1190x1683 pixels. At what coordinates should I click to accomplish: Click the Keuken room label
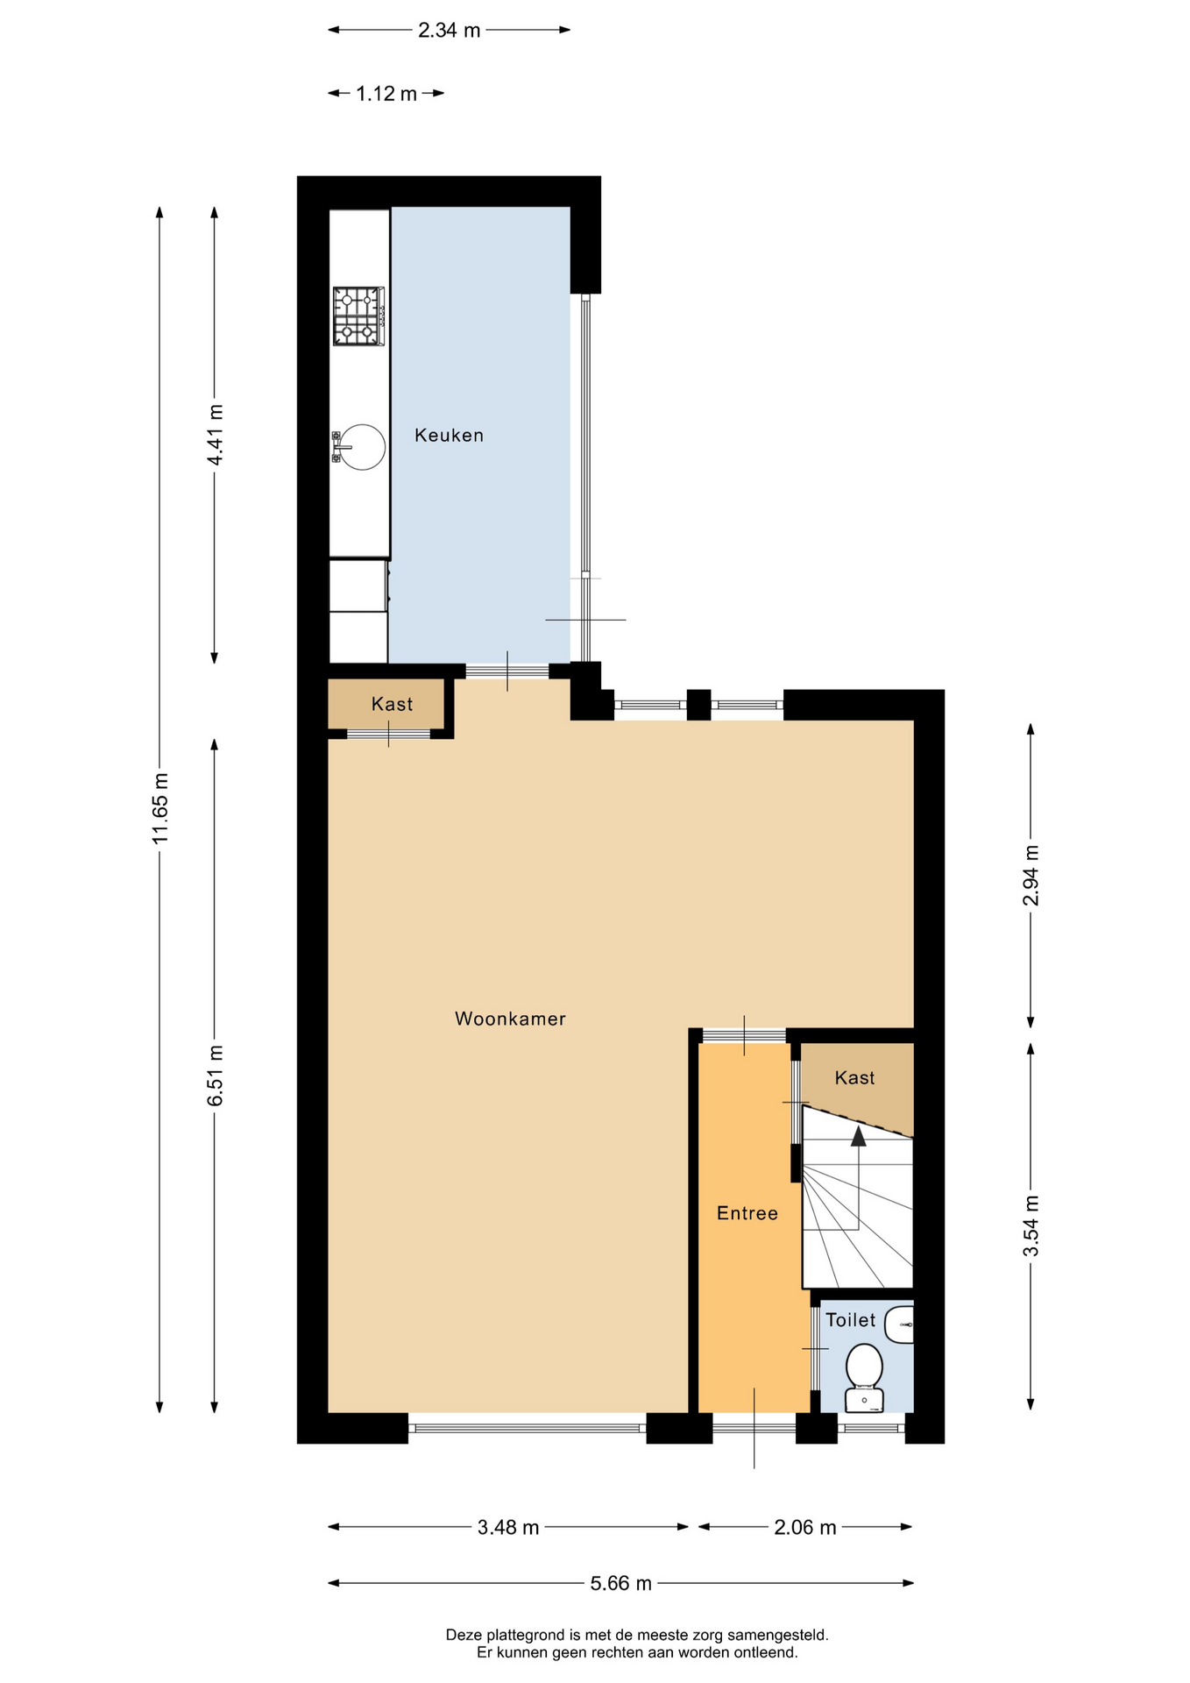point(449,435)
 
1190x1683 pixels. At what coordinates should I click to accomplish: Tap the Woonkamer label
point(510,1019)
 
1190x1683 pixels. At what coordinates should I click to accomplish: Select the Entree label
point(747,1213)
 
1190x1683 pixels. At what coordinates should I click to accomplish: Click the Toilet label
point(850,1320)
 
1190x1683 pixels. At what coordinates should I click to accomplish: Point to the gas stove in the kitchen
point(358,316)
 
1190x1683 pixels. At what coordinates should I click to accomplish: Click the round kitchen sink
point(359,446)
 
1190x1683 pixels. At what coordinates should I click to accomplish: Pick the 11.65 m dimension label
point(160,809)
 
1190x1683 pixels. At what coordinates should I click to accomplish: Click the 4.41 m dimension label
point(215,435)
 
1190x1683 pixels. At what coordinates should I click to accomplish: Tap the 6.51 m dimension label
point(215,1076)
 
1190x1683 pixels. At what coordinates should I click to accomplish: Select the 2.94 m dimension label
point(1031,876)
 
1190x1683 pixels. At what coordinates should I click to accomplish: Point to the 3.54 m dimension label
point(1031,1226)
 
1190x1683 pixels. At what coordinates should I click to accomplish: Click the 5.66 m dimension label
point(621,1583)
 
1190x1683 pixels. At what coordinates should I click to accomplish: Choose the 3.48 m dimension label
point(508,1528)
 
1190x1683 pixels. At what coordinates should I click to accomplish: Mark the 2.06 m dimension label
point(805,1528)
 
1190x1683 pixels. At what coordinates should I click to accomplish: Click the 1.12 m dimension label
point(386,94)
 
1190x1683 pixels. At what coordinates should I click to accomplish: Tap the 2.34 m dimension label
point(450,31)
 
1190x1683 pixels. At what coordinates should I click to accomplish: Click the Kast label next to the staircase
point(854,1078)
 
